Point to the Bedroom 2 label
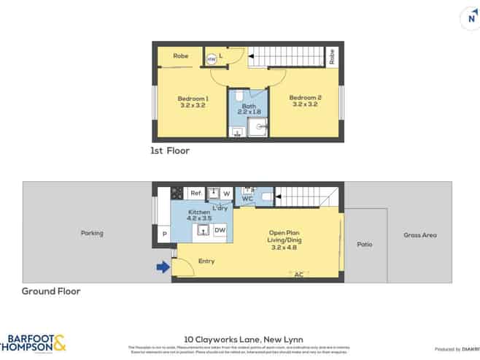tap(305, 101)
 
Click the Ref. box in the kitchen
tap(196, 193)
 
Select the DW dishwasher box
tap(220, 231)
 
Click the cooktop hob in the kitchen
tap(176, 193)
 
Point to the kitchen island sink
tap(203, 231)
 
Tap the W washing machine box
tap(226, 193)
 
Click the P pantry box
tap(163, 234)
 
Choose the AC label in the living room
tap(298, 275)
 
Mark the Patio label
tap(364, 245)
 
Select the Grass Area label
tap(420, 235)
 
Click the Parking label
tap(92, 234)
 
